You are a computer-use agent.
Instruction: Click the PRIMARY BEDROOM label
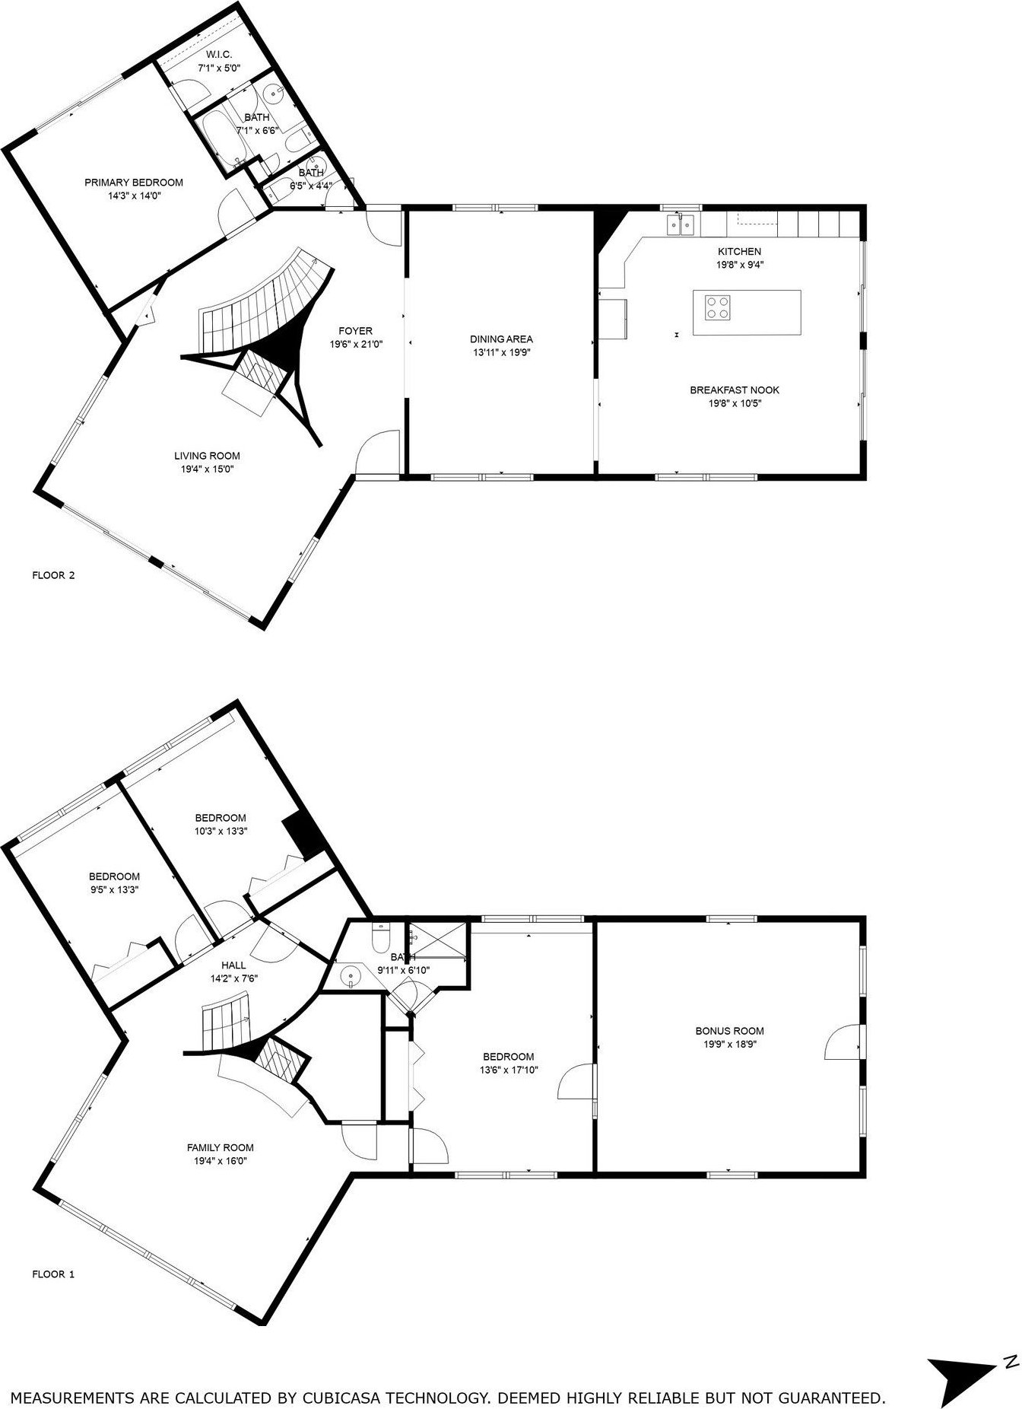coord(134,183)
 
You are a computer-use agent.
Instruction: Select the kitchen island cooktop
coord(716,307)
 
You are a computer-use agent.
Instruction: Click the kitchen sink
coord(681,224)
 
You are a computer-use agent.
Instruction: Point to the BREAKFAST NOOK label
coord(735,390)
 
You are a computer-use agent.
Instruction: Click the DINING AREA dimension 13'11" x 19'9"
coord(501,352)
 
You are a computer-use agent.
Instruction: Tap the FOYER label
coord(355,331)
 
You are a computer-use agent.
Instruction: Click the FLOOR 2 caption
coord(53,575)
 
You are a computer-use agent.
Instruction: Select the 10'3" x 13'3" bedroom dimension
coord(221,832)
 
